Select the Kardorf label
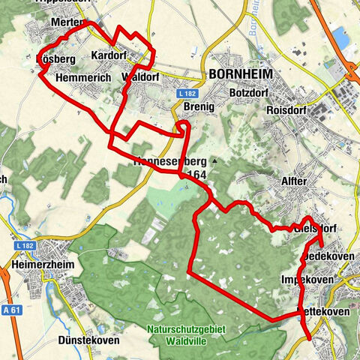[x=107, y=56]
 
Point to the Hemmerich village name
[x=83, y=77]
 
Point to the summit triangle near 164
[x=214, y=161]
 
